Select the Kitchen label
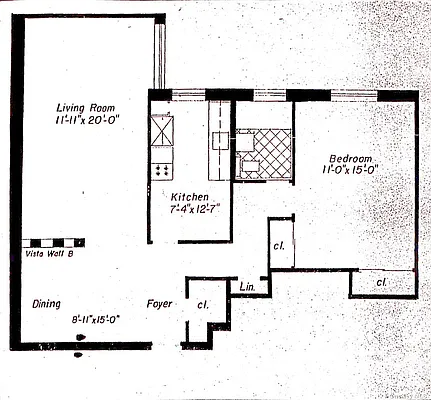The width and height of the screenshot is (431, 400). pyautogui.click(x=189, y=196)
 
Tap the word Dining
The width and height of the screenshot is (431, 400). pyautogui.click(x=45, y=304)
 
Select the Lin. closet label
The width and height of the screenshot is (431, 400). pyautogui.click(x=248, y=288)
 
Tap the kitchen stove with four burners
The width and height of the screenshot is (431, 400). pyautogui.click(x=161, y=168)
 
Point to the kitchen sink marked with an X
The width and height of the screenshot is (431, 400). pyautogui.click(x=162, y=130)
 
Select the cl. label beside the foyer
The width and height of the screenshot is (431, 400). pyautogui.click(x=202, y=304)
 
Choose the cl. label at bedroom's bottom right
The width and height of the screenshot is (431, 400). pyautogui.click(x=382, y=284)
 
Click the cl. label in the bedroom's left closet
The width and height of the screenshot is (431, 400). pyautogui.click(x=279, y=246)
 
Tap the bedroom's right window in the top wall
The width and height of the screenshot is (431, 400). pyautogui.click(x=353, y=95)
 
